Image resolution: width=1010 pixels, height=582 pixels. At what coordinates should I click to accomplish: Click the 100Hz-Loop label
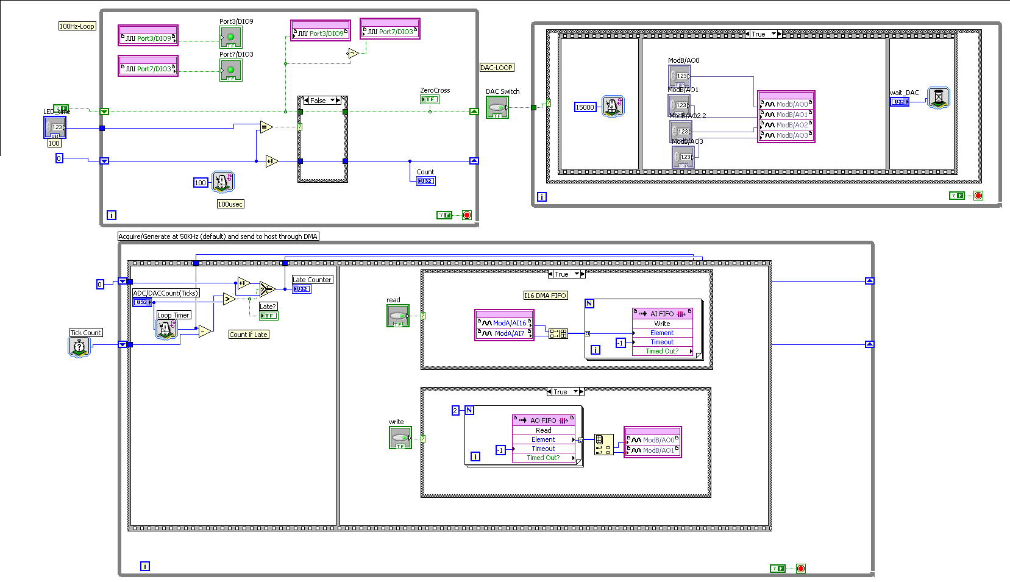coord(77,26)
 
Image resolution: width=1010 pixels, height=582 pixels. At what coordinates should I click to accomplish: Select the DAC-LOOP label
coord(497,68)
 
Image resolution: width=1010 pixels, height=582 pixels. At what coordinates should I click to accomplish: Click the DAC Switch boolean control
coord(497,108)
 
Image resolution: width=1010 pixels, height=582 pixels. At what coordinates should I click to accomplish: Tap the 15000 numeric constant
coord(585,107)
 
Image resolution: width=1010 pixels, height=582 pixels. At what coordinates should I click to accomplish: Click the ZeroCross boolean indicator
coord(429,99)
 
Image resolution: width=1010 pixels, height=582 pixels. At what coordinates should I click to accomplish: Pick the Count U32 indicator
coord(425,181)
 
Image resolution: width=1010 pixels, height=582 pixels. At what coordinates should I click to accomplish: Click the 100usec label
coord(230,204)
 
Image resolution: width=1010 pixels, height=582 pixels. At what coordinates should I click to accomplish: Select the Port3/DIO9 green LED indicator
coord(230,37)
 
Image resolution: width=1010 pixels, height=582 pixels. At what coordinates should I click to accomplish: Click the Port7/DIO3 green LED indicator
coord(230,70)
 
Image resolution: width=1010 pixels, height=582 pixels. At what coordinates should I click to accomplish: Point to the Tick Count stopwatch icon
coord(79,346)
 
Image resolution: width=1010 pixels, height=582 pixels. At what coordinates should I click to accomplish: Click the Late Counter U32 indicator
coord(302,289)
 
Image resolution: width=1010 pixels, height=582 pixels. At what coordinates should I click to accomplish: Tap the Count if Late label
coord(248,335)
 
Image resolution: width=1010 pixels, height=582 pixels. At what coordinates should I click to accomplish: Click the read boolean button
coord(398,316)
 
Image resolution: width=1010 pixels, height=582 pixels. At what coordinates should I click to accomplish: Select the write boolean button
coord(400,438)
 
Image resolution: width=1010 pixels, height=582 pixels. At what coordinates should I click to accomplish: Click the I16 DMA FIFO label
coord(546,296)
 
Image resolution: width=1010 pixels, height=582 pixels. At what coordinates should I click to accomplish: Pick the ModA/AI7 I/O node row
coord(505,333)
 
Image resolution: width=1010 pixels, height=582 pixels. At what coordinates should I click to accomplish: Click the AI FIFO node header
coord(663,314)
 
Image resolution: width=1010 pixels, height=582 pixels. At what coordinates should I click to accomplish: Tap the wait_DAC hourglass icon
coord(939,98)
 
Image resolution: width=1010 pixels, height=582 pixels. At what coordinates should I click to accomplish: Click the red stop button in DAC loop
coord(978,196)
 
